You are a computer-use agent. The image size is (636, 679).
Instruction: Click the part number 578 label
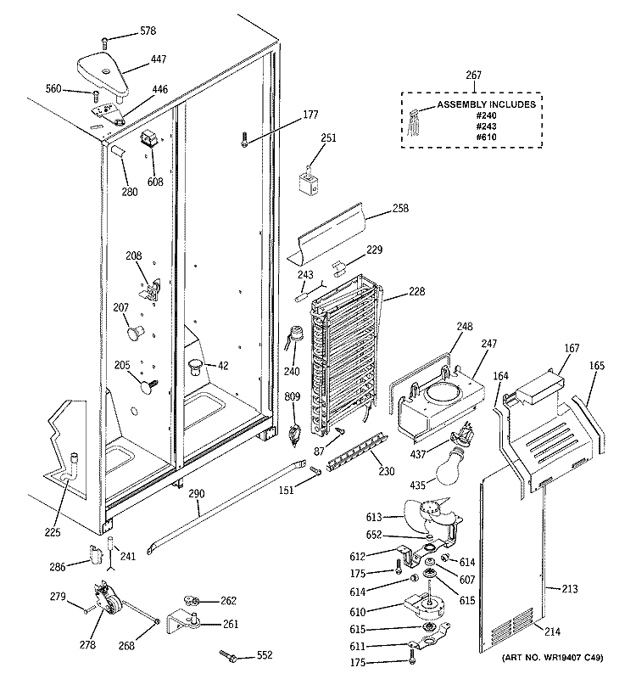click(x=148, y=31)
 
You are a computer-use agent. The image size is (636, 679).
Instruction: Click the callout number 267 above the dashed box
click(x=473, y=76)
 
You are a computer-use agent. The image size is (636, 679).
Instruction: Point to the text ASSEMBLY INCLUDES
click(x=486, y=104)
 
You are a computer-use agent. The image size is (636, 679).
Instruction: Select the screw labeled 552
click(x=229, y=654)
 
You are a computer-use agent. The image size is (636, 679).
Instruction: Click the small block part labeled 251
click(x=311, y=184)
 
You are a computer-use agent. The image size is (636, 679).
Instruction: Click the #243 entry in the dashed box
click(x=486, y=126)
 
